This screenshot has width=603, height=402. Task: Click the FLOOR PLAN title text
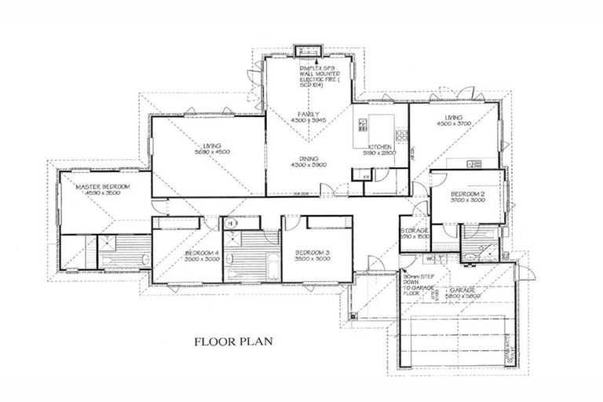click(232, 342)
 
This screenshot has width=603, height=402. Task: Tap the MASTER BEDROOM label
click(102, 187)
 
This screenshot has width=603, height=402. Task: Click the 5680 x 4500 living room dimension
click(212, 153)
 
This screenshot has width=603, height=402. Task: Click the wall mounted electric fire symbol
click(307, 53)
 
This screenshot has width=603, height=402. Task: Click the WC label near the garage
click(430, 258)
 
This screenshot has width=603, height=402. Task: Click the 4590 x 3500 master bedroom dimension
click(102, 194)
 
